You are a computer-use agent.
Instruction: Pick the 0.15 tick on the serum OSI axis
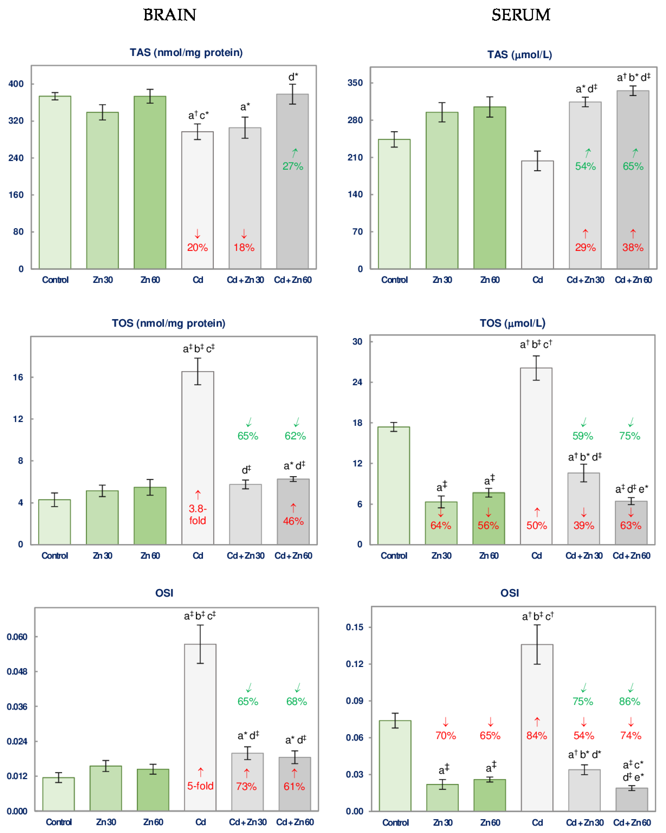[x=355, y=627]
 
